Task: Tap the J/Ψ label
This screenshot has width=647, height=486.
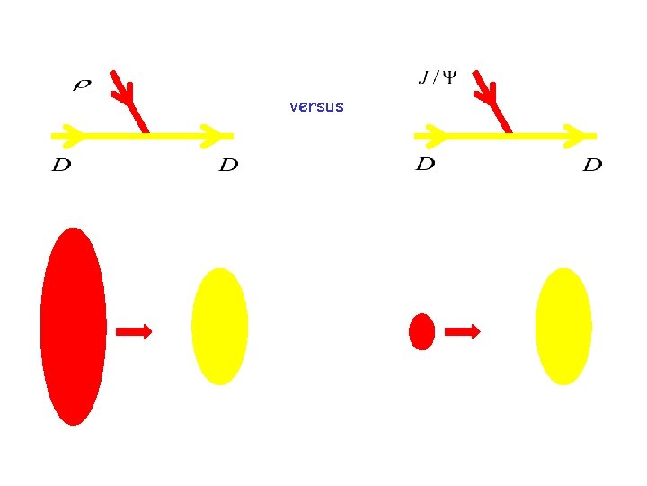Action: [438, 77]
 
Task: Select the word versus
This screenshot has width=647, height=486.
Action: [316, 106]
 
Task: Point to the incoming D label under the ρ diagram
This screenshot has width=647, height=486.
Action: [62, 166]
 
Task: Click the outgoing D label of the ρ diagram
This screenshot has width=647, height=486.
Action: [229, 166]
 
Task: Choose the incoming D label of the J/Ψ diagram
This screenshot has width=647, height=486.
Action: [426, 164]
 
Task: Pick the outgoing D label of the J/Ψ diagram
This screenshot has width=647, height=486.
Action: [592, 166]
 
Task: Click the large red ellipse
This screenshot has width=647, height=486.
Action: [74, 326]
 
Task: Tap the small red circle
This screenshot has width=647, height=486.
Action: [421, 331]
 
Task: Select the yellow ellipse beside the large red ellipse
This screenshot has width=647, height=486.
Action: [220, 326]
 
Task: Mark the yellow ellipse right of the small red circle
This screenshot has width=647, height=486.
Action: [563, 326]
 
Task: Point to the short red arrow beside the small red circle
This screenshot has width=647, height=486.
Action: [463, 332]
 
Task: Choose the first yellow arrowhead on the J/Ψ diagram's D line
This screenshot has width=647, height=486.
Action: [432, 136]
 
